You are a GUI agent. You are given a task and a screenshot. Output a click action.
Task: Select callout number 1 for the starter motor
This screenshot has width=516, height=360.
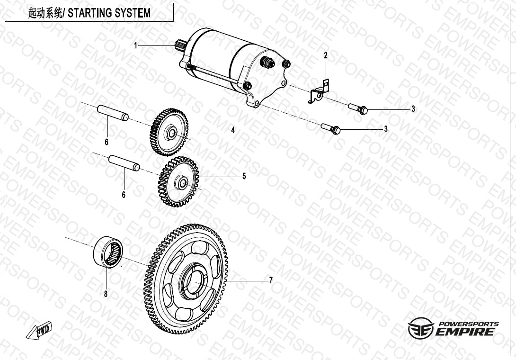(x=135, y=45)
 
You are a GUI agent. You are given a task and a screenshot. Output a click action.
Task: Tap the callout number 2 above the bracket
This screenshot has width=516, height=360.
(x=326, y=55)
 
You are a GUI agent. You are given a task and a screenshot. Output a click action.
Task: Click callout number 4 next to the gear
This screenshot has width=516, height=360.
(x=233, y=130)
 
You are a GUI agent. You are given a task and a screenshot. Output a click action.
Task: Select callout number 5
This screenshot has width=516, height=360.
(x=244, y=176)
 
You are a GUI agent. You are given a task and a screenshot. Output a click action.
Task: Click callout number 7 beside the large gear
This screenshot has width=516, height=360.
(x=270, y=280)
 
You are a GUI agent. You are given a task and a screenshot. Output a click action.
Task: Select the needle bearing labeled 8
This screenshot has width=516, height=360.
(x=108, y=253)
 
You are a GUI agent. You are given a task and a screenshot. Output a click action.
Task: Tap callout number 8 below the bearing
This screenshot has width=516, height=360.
(x=106, y=294)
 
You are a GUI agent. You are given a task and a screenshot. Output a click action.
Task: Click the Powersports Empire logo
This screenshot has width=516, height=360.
(x=453, y=328)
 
